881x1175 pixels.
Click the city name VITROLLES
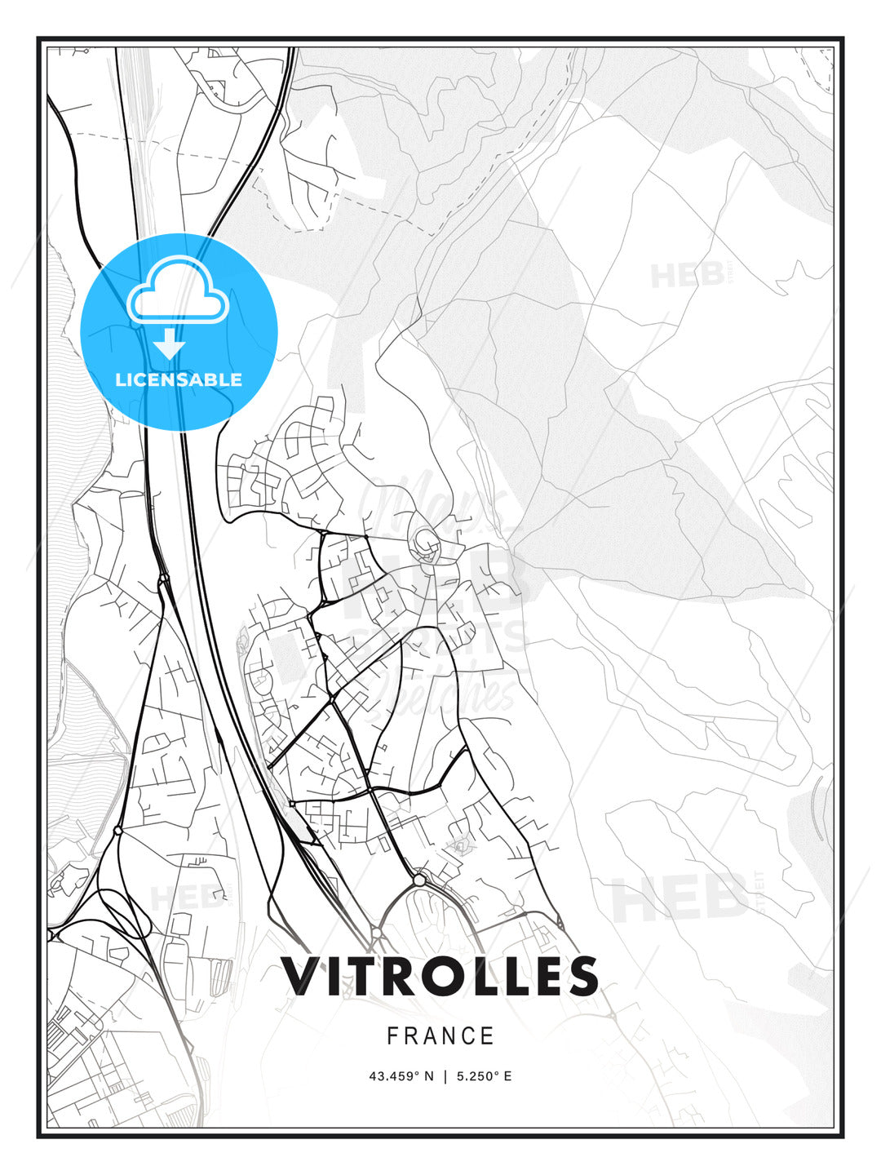coord(440,976)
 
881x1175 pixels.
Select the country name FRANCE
coord(440,1036)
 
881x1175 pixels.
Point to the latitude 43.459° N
coord(401,1076)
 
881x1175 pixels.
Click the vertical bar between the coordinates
coord(445,1076)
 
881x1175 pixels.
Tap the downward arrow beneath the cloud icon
coord(170,344)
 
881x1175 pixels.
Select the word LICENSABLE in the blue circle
coord(179,379)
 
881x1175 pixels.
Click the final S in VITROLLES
coord(581,976)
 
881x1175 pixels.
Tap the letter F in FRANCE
coord(392,1036)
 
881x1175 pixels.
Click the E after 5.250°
coord(507,1076)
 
